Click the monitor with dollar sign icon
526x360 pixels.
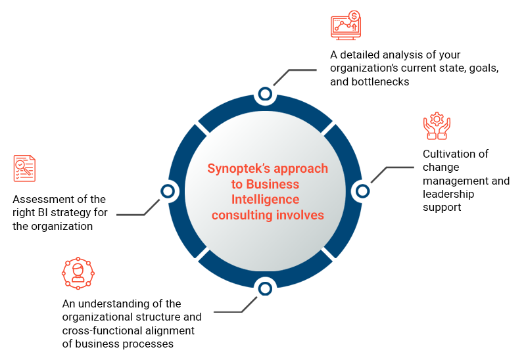pyautogui.click(x=345, y=26)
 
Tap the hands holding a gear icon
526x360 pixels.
pyautogui.click(x=437, y=126)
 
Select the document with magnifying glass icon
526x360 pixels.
pyautogui.click(x=24, y=168)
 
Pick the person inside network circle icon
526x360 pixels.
pyautogui.click(x=78, y=273)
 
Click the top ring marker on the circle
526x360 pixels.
pyautogui.click(x=265, y=95)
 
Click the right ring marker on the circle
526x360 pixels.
pyautogui.click(x=362, y=191)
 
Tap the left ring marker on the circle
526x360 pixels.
pyautogui.click(x=168, y=191)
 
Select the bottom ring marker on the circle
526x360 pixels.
pyautogui.click(x=265, y=288)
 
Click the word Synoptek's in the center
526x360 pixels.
pyautogui.click(x=237, y=168)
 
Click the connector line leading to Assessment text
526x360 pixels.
pyautogui.click(x=135, y=214)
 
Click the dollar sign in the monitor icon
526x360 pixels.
pyautogui.click(x=354, y=16)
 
